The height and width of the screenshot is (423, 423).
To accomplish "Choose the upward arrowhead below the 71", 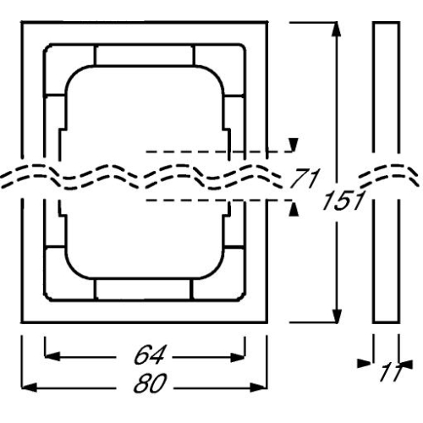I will pyautogui.click(x=294, y=206).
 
